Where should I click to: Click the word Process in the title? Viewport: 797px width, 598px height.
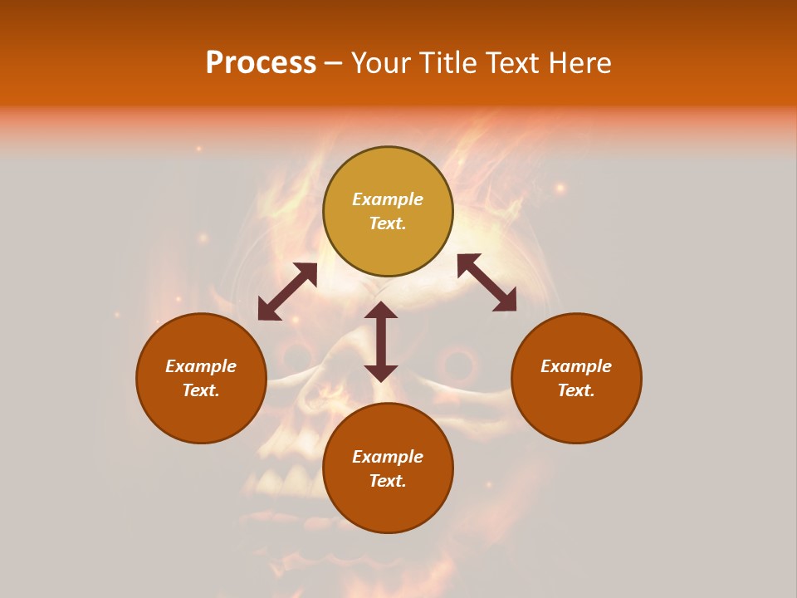[x=261, y=62]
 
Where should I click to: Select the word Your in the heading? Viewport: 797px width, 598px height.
[x=383, y=62]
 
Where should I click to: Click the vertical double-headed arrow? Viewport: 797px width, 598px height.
[x=381, y=341]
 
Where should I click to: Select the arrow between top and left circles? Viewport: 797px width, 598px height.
[x=287, y=292]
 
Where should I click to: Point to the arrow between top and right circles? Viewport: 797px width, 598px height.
[x=487, y=282]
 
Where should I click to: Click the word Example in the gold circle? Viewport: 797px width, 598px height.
[x=388, y=199]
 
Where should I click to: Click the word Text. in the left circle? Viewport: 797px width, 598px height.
[x=201, y=390]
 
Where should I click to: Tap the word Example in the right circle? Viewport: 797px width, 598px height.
[x=576, y=366]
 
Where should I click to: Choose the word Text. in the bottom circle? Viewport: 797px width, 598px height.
[x=388, y=481]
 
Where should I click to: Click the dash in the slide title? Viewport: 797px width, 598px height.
[x=334, y=63]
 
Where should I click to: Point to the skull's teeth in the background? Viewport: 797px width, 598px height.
[x=282, y=482]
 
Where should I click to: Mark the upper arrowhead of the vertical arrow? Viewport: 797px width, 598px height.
[x=381, y=310]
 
